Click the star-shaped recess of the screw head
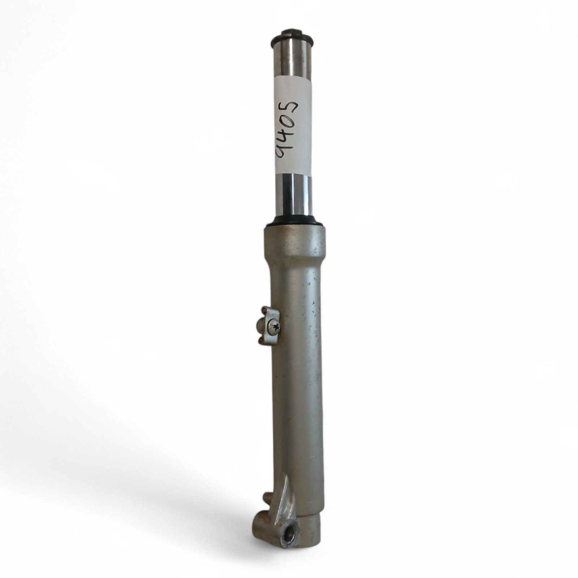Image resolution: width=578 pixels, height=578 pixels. (276, 328)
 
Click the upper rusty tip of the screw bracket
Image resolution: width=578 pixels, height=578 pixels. (264, 309)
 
